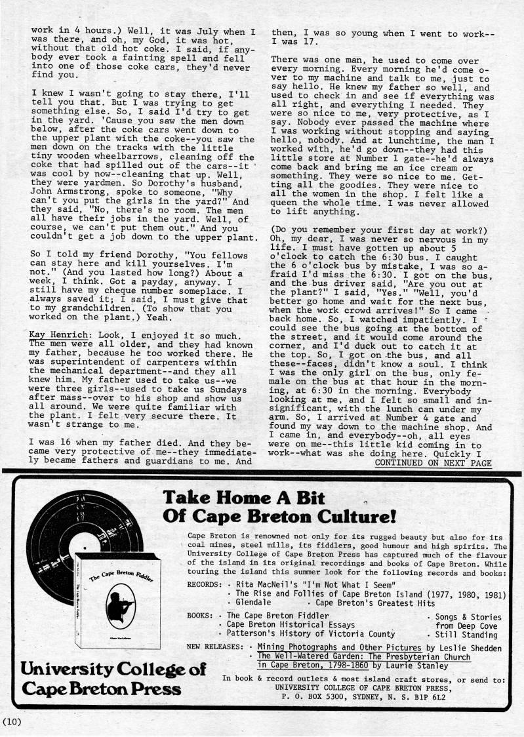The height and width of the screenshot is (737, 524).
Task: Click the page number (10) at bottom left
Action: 12,722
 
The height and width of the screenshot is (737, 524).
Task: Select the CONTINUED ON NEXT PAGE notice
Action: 433,463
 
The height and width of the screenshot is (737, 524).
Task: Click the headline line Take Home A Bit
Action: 243,498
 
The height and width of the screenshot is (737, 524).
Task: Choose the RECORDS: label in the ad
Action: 204,584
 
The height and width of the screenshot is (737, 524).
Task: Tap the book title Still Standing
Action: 466,635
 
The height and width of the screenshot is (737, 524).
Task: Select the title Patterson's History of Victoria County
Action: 311,634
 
